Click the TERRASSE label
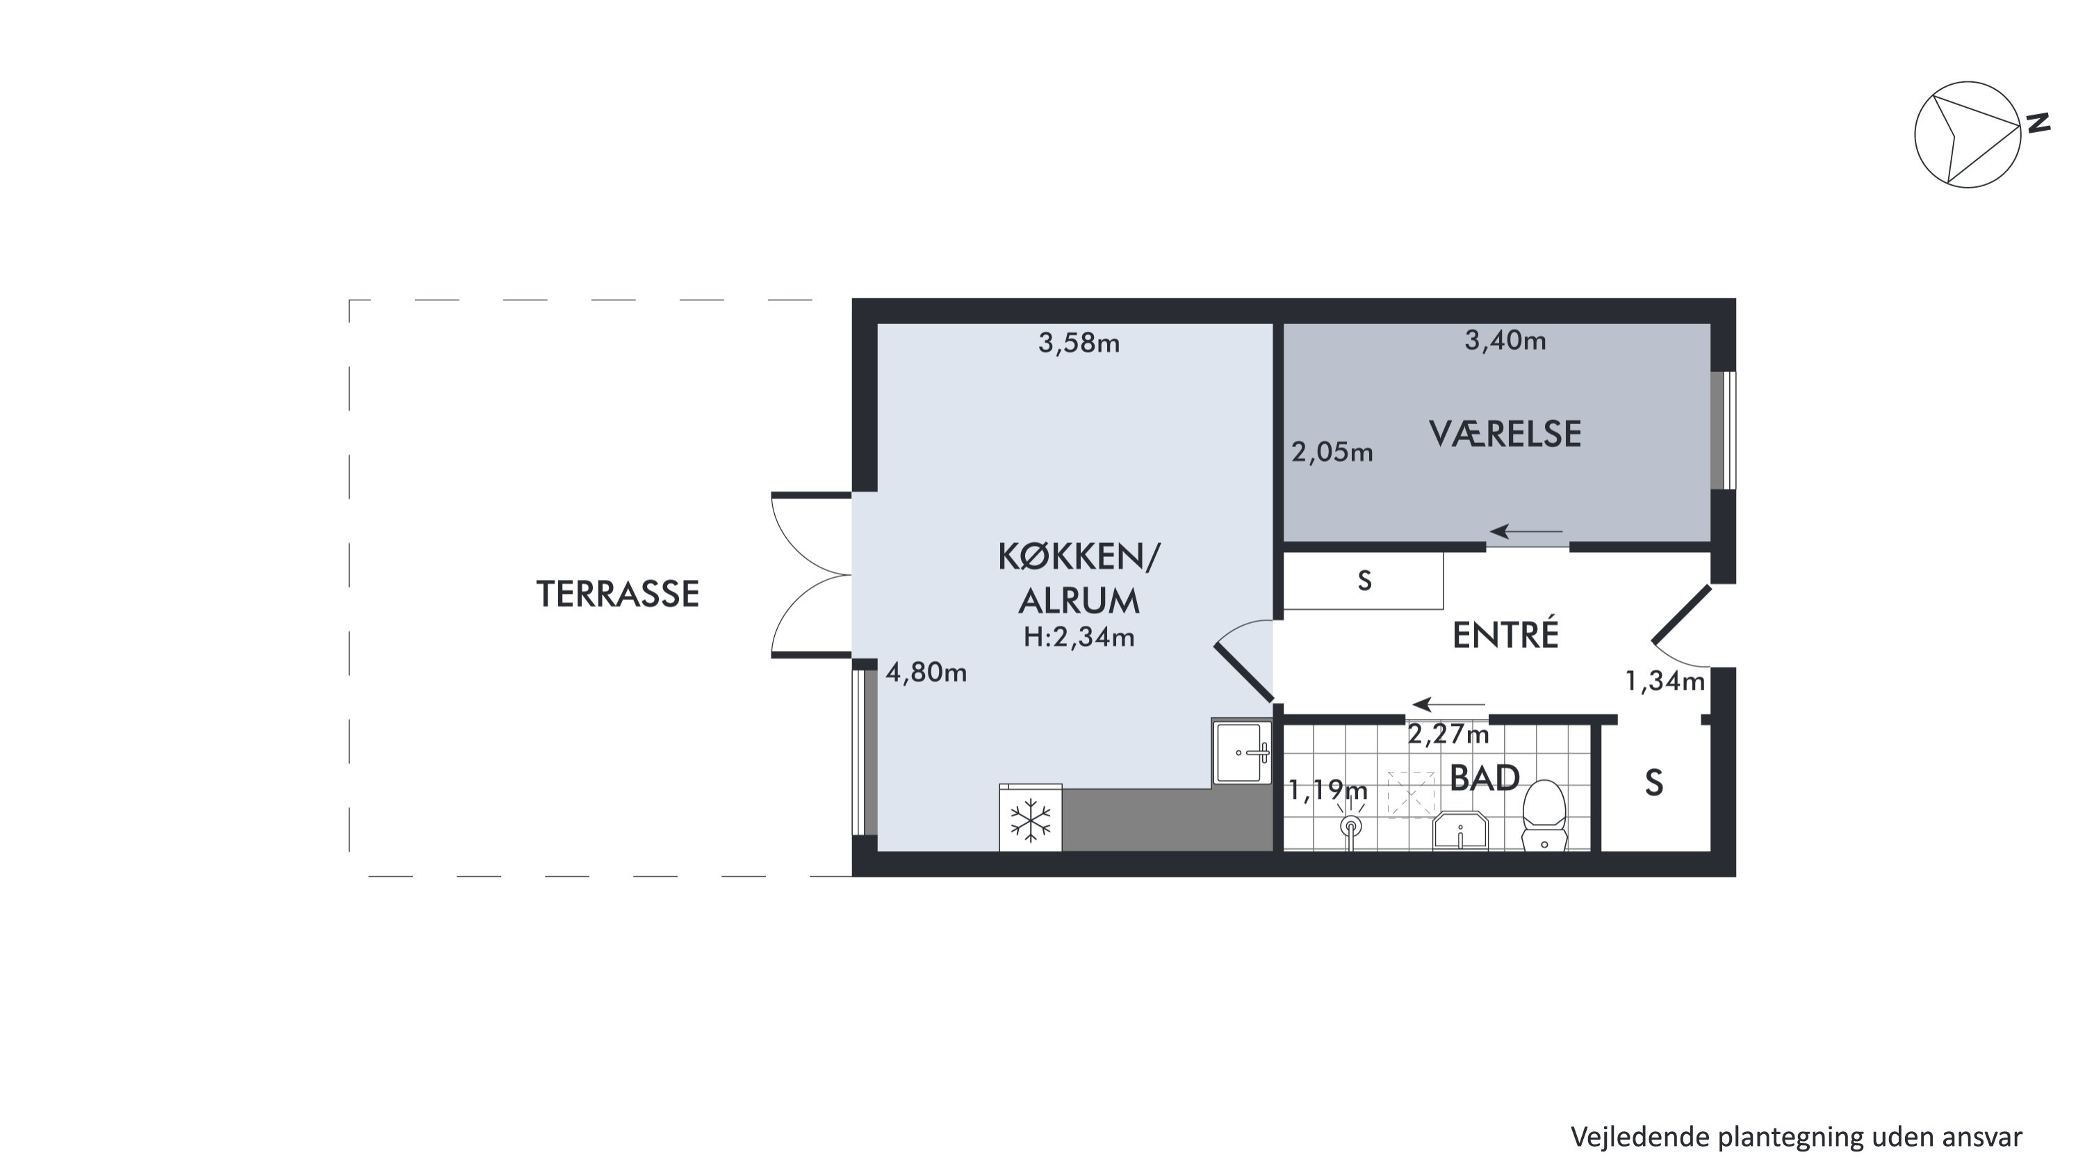(618, 594)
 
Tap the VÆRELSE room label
(1505, 434)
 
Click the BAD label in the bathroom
(1484, 778)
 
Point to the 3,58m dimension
(1079, 343)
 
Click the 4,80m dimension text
(926, 672)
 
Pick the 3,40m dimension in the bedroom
(1505, 340)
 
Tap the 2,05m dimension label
(1332, 452)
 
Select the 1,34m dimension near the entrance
(1665, 681)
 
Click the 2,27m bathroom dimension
(1448, 734)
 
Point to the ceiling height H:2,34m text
(1079, 637)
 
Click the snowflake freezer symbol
(1031, 820)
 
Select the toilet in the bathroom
(1544, 815)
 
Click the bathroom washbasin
(1460, 831)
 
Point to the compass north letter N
(2038, 124)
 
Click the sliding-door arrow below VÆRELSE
(1526, 531)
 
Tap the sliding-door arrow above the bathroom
(1449, 704)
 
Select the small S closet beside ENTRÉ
(1363, 581)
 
